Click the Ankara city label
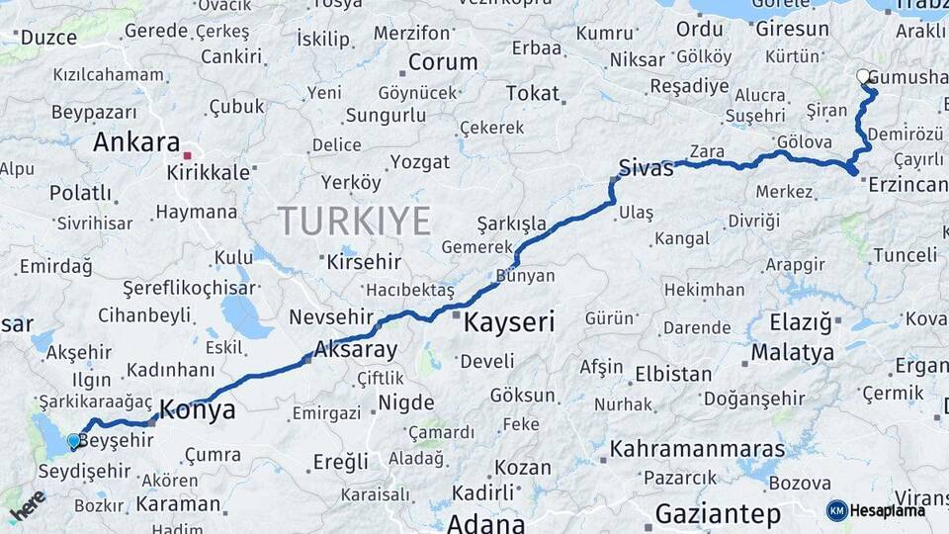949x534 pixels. tap(136, 142)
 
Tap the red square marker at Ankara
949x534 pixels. tap(187, 155)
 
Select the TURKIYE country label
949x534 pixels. tap(354, 220)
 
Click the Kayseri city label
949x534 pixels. tap(509, 322)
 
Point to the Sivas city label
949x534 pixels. tap(646, 168)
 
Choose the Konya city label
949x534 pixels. tap(198, 410)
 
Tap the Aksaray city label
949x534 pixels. tap(355, 350)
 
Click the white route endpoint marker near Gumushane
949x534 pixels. tap(863, 76)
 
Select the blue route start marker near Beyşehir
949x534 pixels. tap(73, 441)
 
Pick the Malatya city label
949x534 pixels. tap(792, 352)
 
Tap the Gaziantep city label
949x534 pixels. tap(718, 514)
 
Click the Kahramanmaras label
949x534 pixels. tap(697, 449)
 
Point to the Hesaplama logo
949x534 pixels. tap(876, 510)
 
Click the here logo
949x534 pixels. tap(28, 505)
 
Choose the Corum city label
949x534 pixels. tap(442, 62)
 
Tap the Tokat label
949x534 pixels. tap(532, 94)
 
